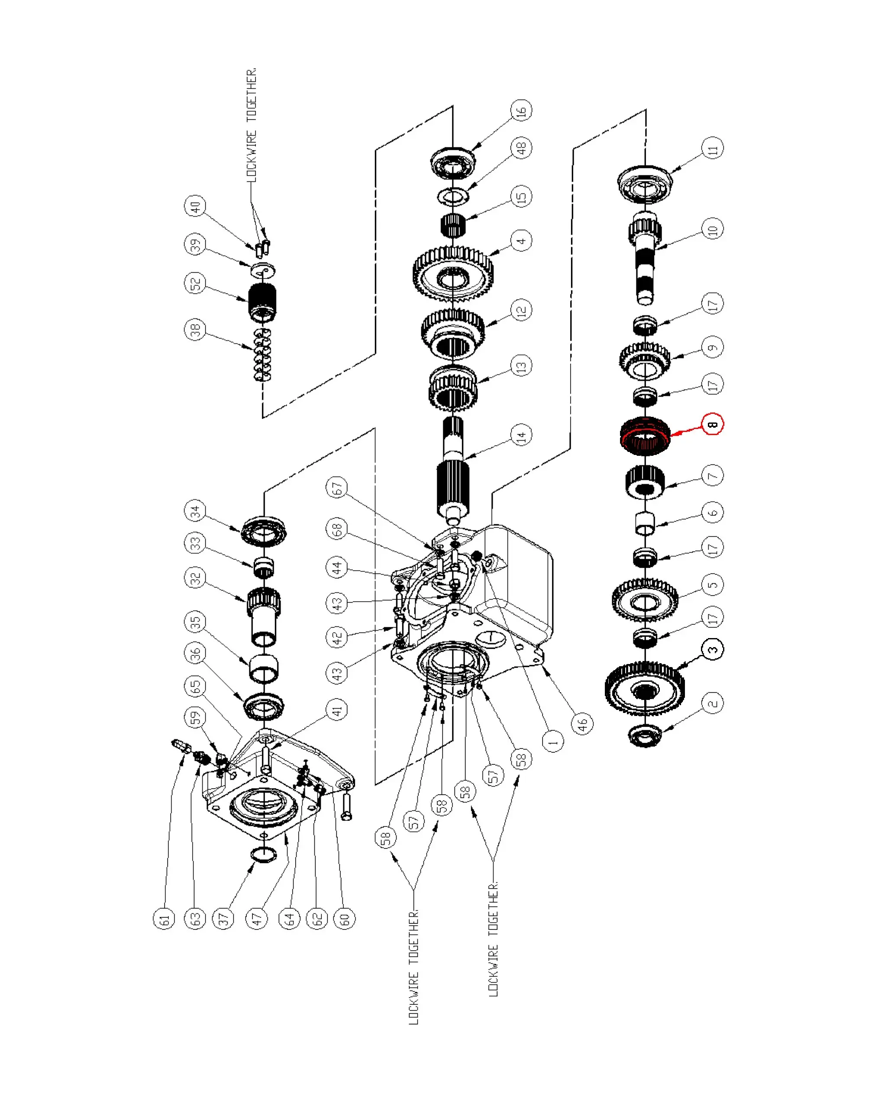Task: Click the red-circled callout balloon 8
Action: pos(712,424)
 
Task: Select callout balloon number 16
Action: pos(521,110)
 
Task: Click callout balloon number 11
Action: pos(713,148)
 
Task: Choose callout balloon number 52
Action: pos(195,283)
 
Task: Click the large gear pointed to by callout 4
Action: pos(453,274)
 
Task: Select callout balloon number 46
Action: pos(582,723)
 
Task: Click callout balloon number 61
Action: pos(164,919)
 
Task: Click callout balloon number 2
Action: pos(713,703)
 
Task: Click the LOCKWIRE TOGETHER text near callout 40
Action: pos(252,125)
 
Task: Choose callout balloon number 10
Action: pos(713,229)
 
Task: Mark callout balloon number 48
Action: pos(521,148)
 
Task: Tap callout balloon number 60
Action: pos(345,919)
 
